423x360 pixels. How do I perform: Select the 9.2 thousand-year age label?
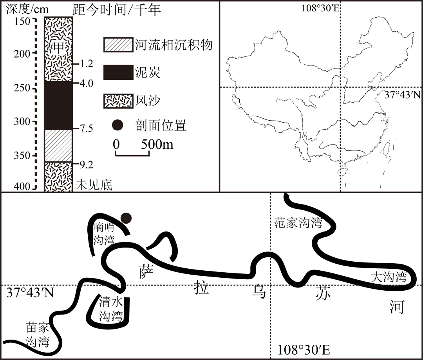[x=86, y=165]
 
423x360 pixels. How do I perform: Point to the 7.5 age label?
[x=86, y=128]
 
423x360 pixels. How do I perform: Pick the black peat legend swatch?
[x=118, y=73]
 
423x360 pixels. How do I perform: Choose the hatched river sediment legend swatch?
[x=118, y=45]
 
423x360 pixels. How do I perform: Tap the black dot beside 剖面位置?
[x=117, y=125]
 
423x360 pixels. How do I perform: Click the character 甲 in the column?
[x=58, y=47]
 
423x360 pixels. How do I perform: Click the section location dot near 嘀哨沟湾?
[x=126, y=218]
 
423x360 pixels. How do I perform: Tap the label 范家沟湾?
[x=298, y=223]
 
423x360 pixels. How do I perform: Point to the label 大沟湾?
[x=389, y=277]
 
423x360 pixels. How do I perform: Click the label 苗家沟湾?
[x=38, y=334]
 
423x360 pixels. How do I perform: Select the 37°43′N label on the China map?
[x=402, y=96]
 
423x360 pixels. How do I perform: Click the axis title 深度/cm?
[x=25, y=9]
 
